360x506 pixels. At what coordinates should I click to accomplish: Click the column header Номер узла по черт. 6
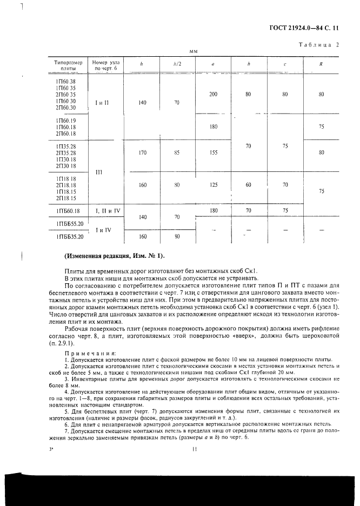106,65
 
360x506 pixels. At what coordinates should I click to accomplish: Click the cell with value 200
213,94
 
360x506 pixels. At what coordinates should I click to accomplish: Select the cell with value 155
213,153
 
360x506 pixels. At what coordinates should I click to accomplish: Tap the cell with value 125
213,185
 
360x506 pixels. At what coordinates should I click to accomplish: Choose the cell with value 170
142,153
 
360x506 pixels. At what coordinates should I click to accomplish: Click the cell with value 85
176,153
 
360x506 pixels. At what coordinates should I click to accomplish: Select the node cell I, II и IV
106,210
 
